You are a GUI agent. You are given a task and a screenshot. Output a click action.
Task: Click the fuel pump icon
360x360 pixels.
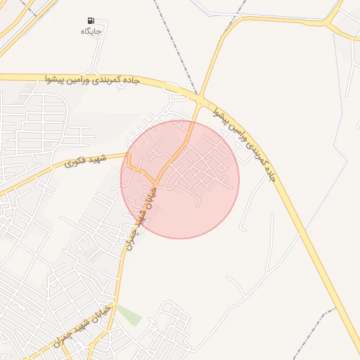pyautogui.click(x=91, y=20)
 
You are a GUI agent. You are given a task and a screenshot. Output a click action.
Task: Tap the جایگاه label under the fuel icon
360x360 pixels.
pyautogui.click(x=91, y=32)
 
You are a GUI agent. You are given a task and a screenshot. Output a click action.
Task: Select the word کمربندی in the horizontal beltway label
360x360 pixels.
pyautogui.click(x=109, y=80)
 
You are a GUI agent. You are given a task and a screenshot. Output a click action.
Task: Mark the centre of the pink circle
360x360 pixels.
pyautogui.click(x=180, y=179)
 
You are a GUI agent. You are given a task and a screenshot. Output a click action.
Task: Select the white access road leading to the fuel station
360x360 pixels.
pyautogui.click(x=103, y=49)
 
